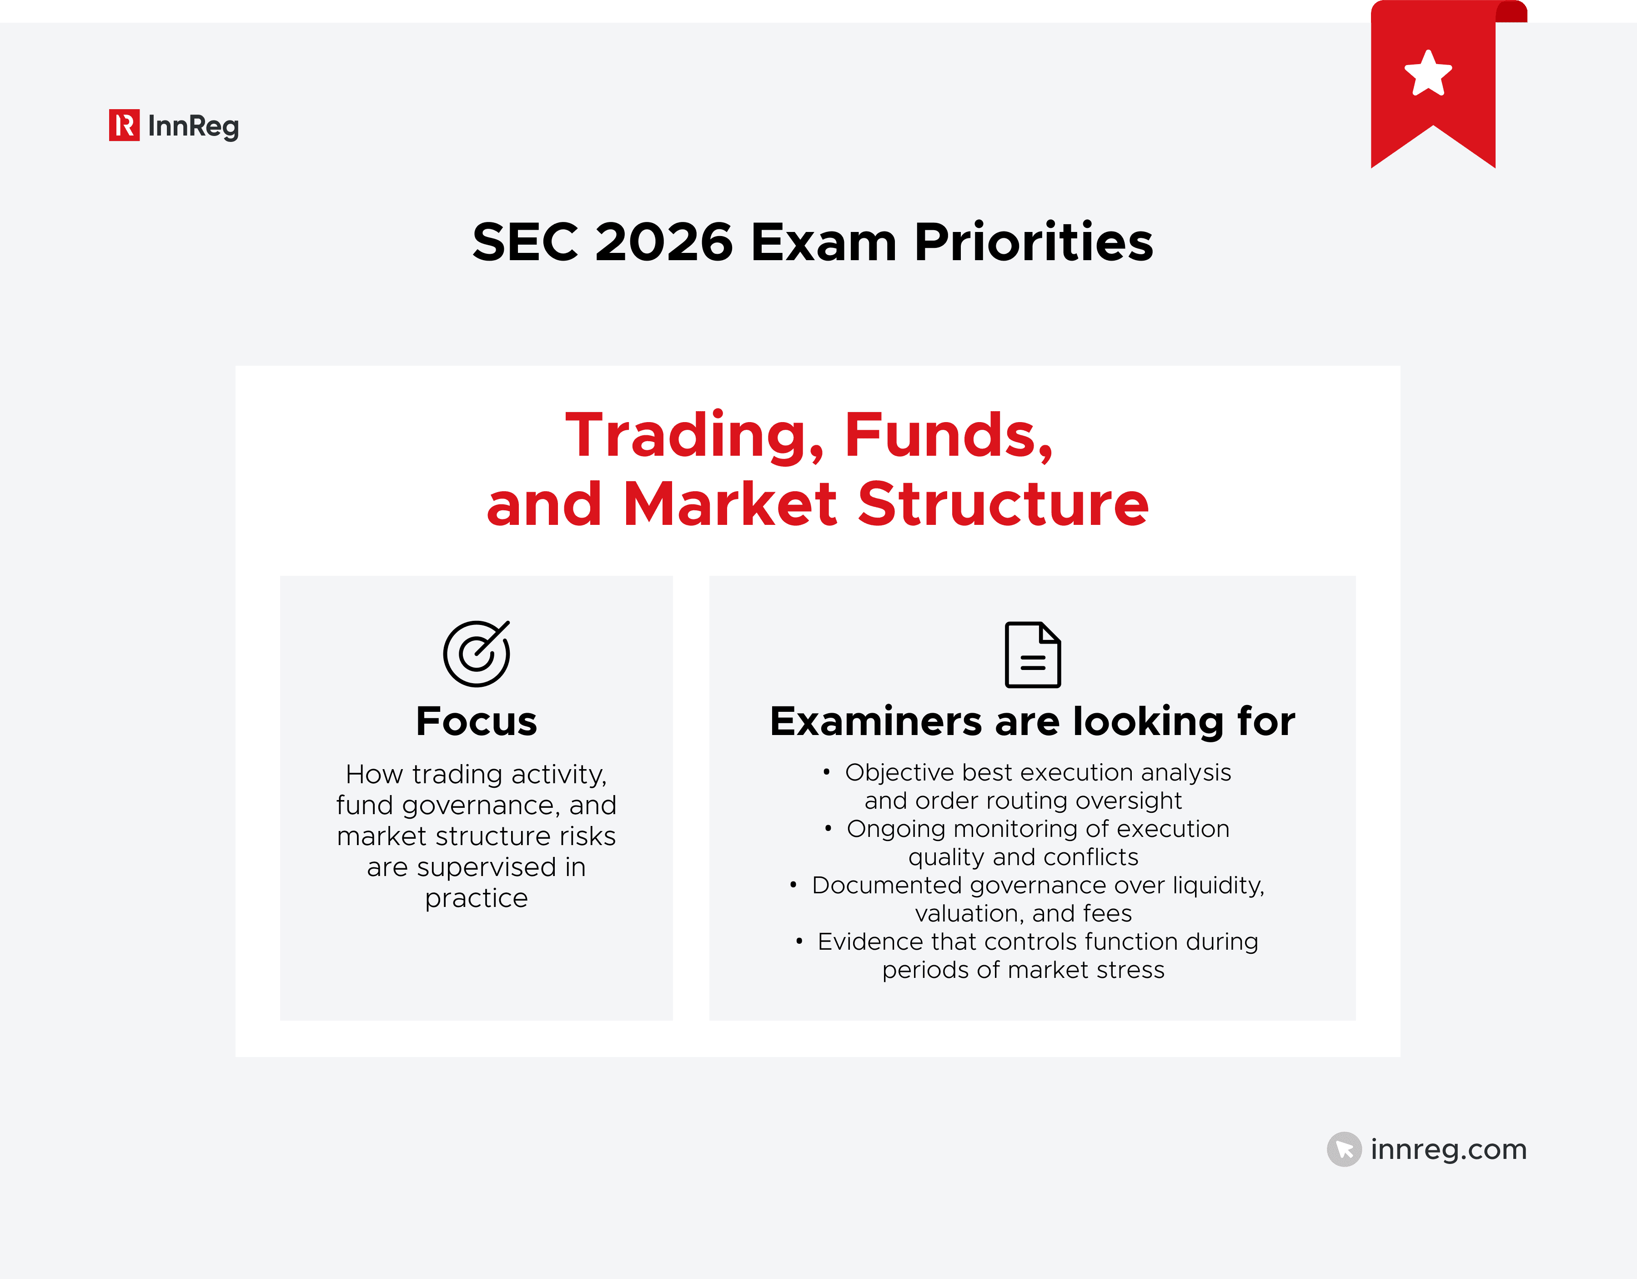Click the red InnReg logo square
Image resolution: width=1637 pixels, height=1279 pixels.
(124, 125)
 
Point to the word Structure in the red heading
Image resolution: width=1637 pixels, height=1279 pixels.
(1003, 504)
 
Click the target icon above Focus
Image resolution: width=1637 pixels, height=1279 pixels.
(477, 653)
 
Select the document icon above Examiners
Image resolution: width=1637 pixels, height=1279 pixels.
(1032, 655)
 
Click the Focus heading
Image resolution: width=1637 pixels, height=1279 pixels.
(477, 721)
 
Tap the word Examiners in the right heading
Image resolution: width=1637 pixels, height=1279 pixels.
(875, 721)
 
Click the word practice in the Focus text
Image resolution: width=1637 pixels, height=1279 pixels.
(477, 898)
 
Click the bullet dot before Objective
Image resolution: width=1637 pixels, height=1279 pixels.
(826, 772)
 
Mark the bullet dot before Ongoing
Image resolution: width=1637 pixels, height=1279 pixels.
(828, 828)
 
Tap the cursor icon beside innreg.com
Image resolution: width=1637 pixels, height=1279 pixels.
(1344, 1148)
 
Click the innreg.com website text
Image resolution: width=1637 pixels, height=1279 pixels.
(1448, 1148)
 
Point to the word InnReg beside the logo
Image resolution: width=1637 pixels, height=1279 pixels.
(193, 126)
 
